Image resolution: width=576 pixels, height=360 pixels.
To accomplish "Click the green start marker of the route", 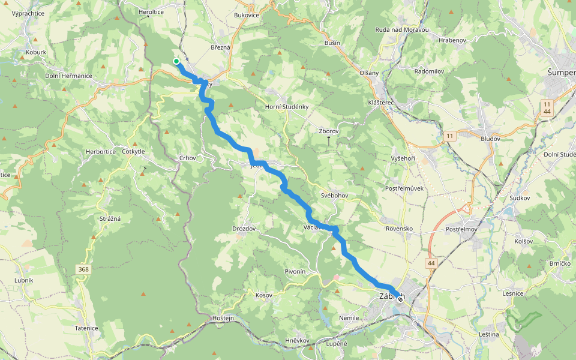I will [176, 61].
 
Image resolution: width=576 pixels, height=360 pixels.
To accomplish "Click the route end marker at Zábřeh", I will [400, 299].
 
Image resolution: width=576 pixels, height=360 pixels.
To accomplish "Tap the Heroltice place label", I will [151, 11].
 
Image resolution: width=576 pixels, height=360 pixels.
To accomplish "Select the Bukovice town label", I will [247, 15].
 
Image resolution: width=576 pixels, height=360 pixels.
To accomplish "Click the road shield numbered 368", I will [83, 270].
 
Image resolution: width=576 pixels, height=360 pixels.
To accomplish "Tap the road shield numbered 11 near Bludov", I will [451, 136].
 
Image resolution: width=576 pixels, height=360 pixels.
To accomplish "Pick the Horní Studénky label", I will [287, 107].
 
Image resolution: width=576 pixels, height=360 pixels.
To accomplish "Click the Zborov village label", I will [329, 131].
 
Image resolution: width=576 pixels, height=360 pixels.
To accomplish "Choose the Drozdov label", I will [244, 229].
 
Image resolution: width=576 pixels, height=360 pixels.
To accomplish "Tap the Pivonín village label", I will [295, 272].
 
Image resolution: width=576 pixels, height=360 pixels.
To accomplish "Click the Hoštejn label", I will [223, 317].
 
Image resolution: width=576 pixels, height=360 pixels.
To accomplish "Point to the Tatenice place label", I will [86, 328].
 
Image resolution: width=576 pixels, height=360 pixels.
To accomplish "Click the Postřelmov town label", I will [461, 229].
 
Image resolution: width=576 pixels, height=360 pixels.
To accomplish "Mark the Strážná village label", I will [110, 218].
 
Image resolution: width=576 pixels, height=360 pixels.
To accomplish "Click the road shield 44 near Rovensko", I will [431, 263].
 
